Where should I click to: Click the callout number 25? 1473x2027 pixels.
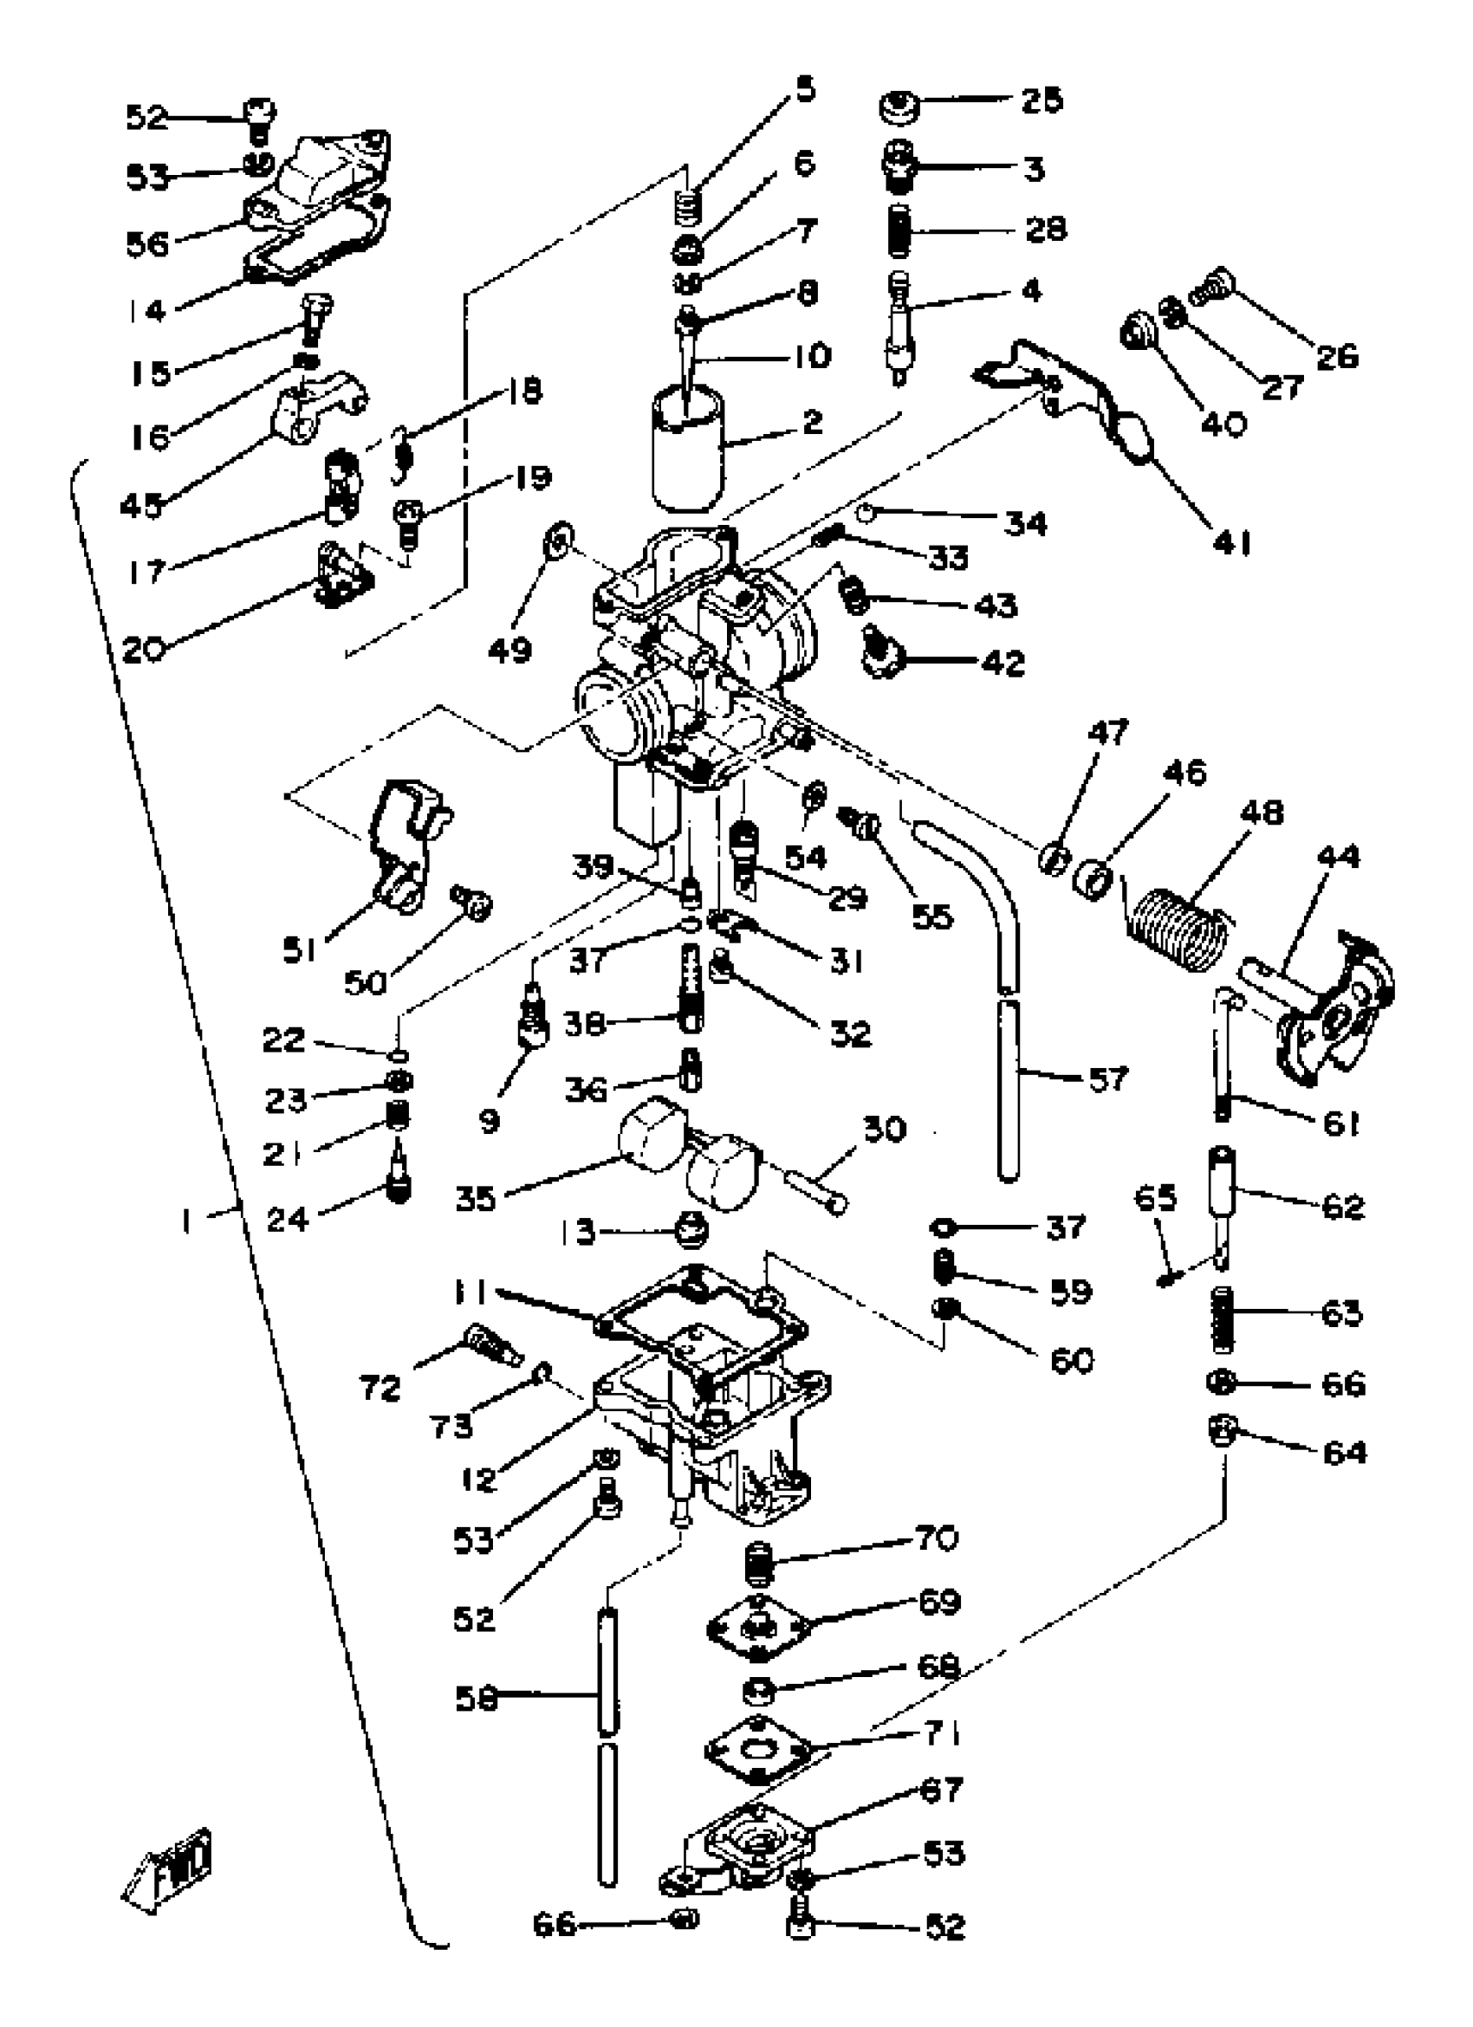point(1043,100)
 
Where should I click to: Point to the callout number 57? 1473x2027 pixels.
point(1107,1079)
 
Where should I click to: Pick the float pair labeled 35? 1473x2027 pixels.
point(688,1153)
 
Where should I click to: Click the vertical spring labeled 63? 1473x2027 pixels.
point(1223,1319)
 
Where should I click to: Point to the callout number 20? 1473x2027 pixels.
point(144,650)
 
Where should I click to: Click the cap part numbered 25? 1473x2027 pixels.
point(901,107)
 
